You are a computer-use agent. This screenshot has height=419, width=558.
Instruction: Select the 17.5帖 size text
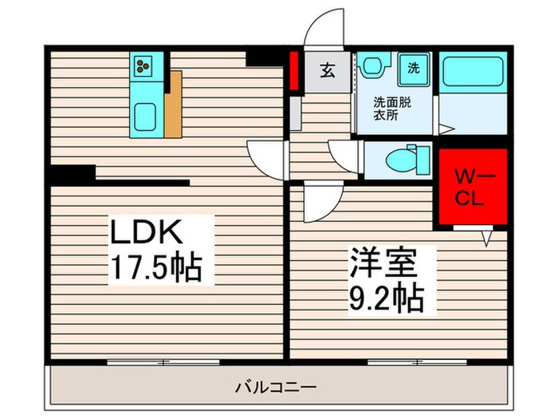click(156, 267)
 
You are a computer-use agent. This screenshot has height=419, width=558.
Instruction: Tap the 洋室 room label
click(381, 263)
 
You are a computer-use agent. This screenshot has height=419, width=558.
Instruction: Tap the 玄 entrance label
click(327, 69)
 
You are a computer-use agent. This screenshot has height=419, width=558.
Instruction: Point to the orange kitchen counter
click(175, 105)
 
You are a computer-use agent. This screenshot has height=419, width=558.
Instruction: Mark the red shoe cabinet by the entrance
click(293, 70)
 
